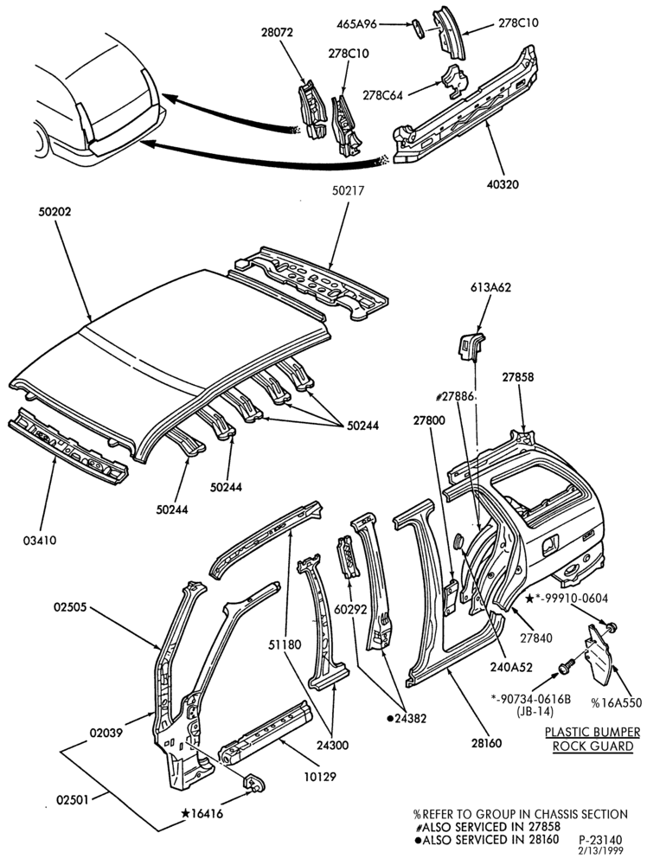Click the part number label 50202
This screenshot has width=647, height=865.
tap(54, 212)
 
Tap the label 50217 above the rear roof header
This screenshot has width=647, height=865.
tap(348, 191)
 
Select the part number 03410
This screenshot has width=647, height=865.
tap(40, 541)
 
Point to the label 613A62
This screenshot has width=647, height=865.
tap(490, 287)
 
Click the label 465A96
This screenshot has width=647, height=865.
tap(356, 24)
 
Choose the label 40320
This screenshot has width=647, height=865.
tap(503, 184)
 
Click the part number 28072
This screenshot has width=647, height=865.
tap(277, 33)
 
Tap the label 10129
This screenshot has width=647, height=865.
tap(320, 777)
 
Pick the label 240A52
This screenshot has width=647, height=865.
tap(511, 667)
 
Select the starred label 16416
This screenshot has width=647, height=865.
tap(202, 814)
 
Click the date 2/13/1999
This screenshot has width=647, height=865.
tap(600, 851)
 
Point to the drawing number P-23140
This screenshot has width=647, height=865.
tap(600, 841)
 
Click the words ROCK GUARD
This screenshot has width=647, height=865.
tap(593, 746)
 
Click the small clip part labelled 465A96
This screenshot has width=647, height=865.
tap(419, 29)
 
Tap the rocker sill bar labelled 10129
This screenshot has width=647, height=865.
tap(266, 733)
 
